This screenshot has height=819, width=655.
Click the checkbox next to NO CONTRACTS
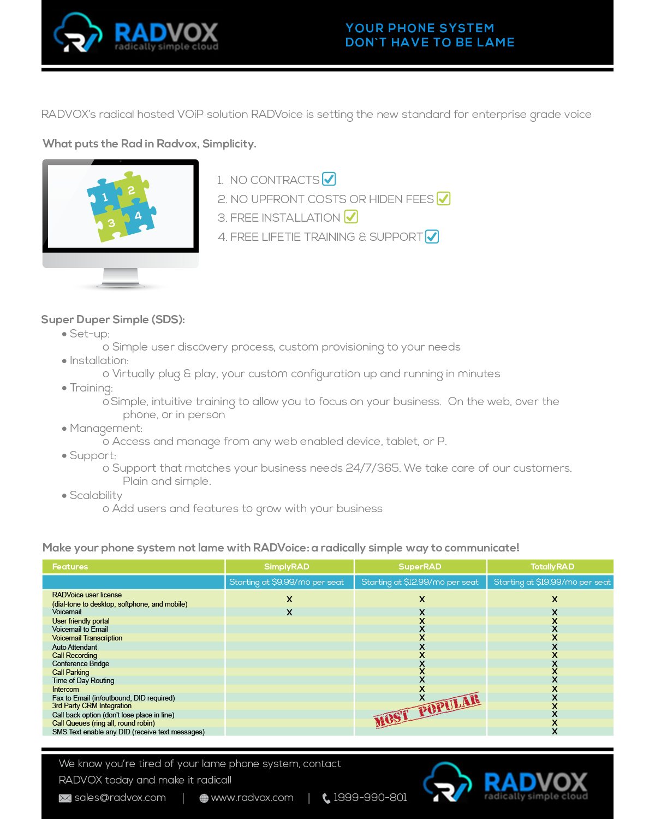(329, 179)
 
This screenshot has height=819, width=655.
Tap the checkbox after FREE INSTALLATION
(351, 217)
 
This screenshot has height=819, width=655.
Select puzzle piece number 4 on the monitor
(139, 216)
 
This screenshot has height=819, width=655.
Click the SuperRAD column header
(420, 567)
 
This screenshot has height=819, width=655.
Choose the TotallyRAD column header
(552, 567)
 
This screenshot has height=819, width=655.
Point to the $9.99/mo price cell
(287, 582)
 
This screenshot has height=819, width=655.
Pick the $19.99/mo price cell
(552, 582)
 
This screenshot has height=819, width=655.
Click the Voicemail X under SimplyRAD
(289, 613)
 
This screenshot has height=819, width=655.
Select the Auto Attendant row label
(75, 647)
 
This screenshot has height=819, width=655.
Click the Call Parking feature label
(70, 672)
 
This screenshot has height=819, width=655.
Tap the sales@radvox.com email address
(120, 798)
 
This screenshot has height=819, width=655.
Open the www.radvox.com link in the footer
(252, 798)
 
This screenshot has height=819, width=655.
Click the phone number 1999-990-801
(370, 798)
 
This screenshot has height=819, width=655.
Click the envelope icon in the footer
(65, 798)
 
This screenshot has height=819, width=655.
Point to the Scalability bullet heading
(96, 495)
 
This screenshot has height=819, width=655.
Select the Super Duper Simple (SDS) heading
(113, 319)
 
